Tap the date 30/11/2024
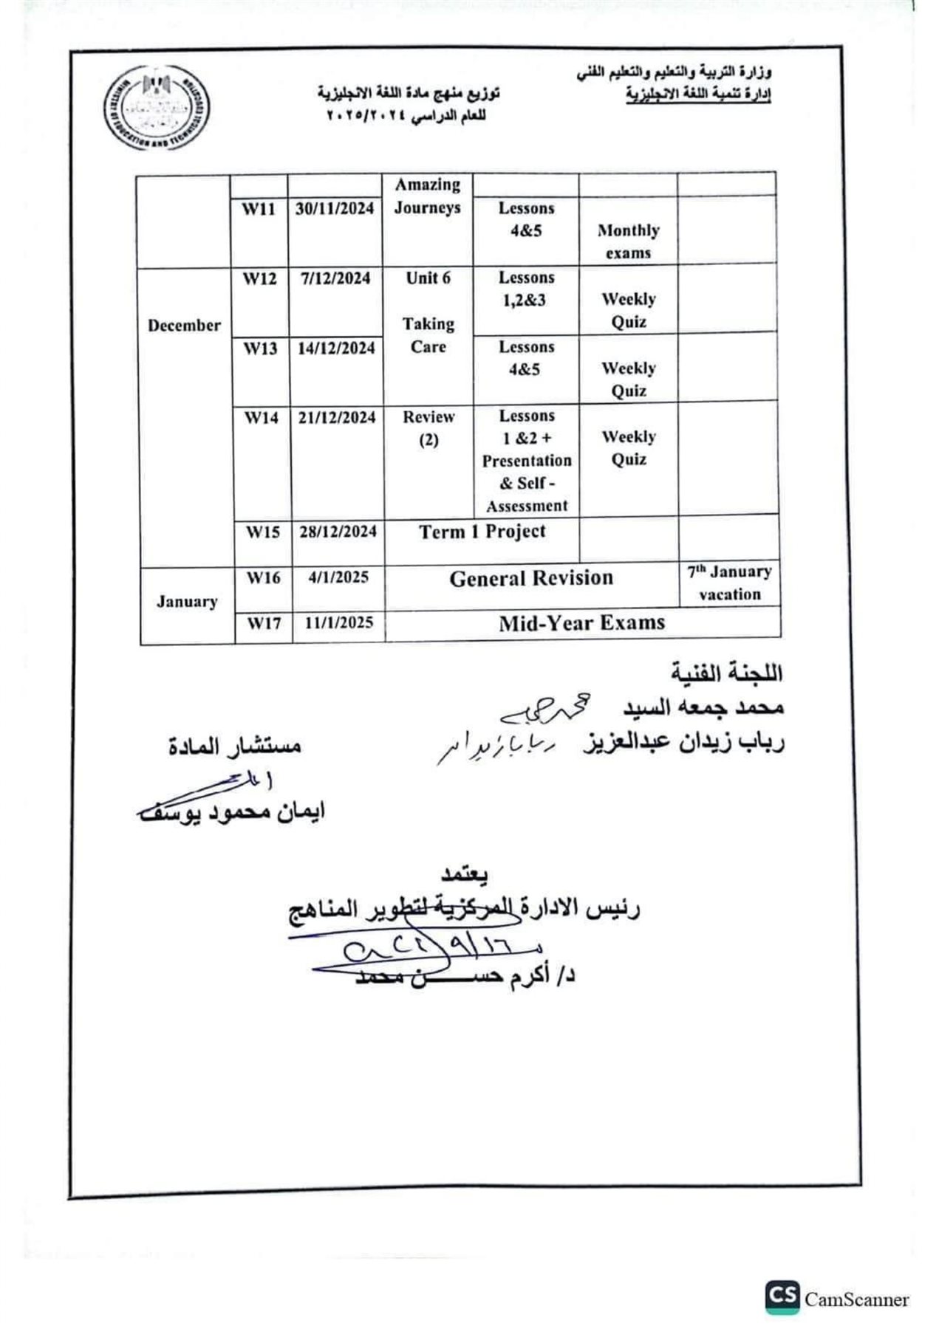[335, 208]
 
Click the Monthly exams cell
[628, 241]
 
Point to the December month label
[184, 326]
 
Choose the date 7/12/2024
[335, 278]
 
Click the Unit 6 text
[428, 278]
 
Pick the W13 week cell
[261, 348]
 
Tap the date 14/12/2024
[336, 348]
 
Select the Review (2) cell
[428, 428]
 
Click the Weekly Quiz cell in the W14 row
[629, 448]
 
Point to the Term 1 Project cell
[482, 532]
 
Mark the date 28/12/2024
[338, 532]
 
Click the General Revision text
[531, 578]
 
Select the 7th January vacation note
[730, 583]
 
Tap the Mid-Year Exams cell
[581, 623]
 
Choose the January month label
[187, 602]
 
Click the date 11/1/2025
[339, 622]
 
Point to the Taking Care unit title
[428, 335]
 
